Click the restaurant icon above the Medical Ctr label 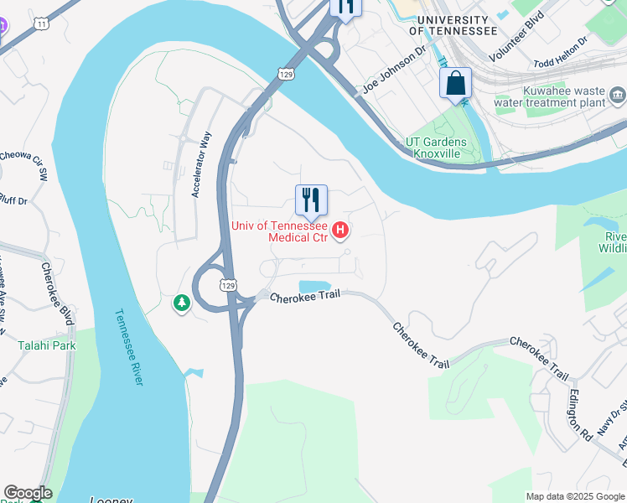tap(311, 200)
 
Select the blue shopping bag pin tap(455, 83)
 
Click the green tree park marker tap(182, 303)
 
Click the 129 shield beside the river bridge tap(287, 75)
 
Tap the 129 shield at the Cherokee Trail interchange tap(227, 285)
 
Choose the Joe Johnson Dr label tap(394, 75)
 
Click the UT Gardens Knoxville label tap(435, 148)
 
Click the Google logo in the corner tap(28, 493)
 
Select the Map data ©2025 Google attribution tap(574, 496)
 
